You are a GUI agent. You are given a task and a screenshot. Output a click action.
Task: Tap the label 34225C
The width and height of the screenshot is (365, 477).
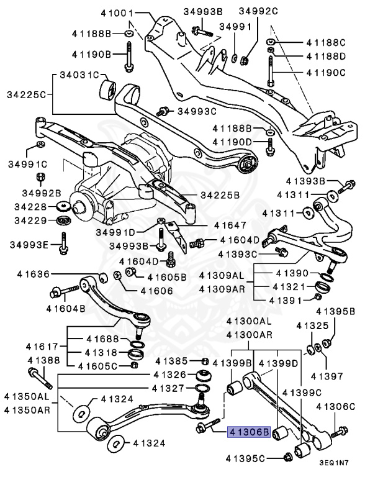[x=26, y=96]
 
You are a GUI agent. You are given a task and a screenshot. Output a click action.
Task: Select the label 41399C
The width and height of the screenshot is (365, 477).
[x=302, y=392]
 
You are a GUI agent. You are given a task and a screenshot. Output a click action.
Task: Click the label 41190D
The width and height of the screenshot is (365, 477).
[x=233, y=142]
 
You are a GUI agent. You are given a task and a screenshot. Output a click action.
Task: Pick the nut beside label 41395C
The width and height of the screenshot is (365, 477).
[x=287, y=458]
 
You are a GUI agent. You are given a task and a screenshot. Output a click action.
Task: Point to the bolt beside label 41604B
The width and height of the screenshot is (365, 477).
[x=65, y=290]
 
